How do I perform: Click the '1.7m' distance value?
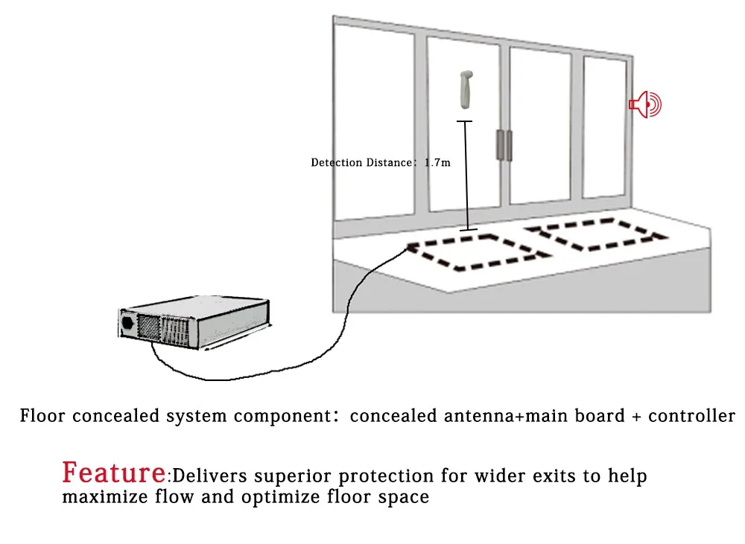click(437, 162)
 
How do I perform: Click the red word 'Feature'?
click(114, 473)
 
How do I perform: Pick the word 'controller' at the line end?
click(691, 416)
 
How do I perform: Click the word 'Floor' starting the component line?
click(43, 416)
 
